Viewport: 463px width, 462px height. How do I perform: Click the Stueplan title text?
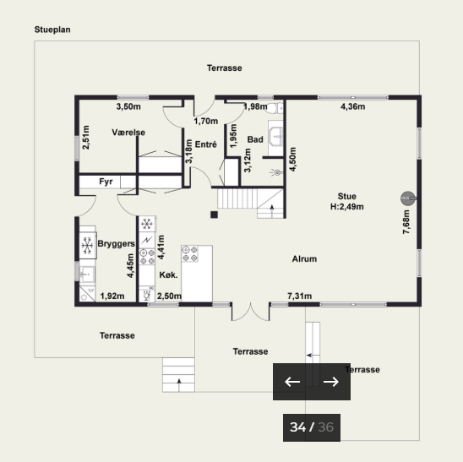52,30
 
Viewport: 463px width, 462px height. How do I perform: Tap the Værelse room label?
128,133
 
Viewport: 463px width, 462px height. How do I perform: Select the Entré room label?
206,144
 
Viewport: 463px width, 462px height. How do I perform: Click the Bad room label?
255,139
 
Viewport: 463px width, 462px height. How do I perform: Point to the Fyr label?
106,182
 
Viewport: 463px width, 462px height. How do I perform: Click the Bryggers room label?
116,244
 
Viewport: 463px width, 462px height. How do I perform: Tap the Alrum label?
304,259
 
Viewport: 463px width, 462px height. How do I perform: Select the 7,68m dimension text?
406,222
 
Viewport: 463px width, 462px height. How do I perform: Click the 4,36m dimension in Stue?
353,106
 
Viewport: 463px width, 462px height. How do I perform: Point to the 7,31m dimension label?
300,296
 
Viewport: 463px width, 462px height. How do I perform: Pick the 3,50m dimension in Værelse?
128,106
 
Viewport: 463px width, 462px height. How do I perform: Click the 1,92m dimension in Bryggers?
112,296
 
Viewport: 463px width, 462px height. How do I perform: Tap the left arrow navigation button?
292,382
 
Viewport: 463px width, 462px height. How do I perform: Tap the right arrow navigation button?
331,382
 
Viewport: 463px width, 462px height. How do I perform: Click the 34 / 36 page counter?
312,427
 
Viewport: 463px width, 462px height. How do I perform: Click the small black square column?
214,215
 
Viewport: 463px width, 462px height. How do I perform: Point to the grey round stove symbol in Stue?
407,198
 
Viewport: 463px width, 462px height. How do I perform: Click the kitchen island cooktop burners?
189,254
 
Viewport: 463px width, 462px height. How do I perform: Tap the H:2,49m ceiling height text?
347,207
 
